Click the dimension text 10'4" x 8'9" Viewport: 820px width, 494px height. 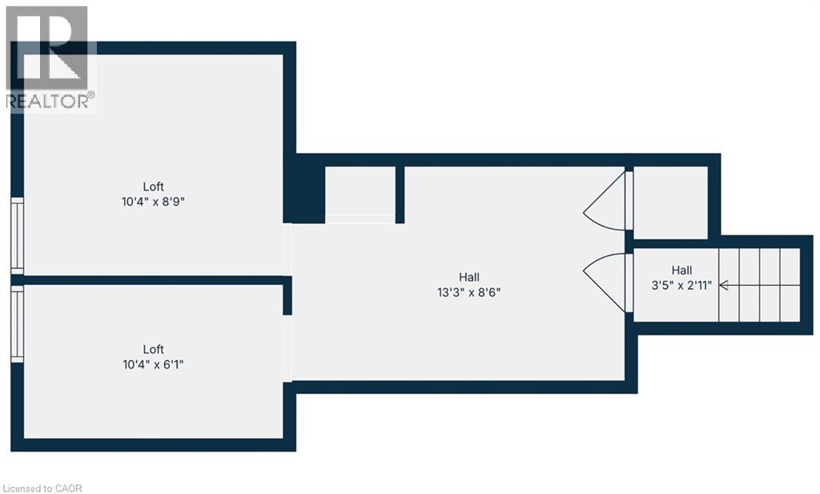(x=154, y=203)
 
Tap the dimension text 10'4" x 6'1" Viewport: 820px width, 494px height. (x=154, y=364)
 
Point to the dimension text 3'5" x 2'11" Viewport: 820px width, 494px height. (x=682, y=285)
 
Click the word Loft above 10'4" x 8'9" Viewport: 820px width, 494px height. (x=154, y=187)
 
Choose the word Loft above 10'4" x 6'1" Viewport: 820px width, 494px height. (x=154, y=349)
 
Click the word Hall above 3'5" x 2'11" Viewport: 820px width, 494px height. (x=682, y=270)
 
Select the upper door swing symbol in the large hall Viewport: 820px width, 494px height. (x=606, y=201)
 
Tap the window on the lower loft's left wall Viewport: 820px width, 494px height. (x=17, y=323)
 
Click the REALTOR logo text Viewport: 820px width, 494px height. (x=50, y=101)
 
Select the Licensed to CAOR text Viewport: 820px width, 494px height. (x=43, y=488)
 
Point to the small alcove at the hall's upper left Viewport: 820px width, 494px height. (x=360, y=192)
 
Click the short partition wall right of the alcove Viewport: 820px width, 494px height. (x=400, y=195)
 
